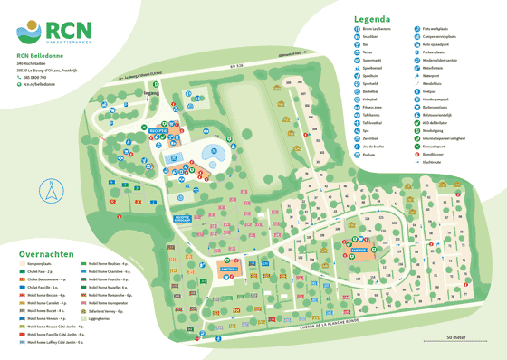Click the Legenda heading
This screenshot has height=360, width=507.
point(372,18)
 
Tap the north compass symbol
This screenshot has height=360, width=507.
point(53,193)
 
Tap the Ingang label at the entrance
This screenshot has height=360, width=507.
point(152,92)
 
